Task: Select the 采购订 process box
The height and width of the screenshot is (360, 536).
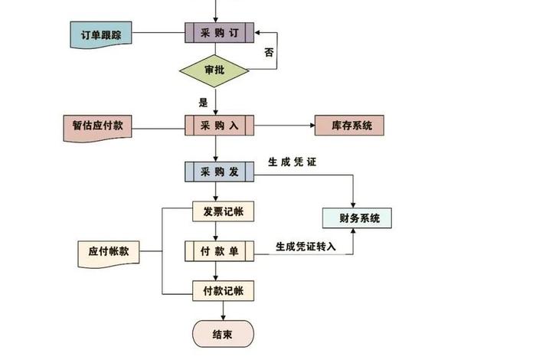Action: pos(219,34)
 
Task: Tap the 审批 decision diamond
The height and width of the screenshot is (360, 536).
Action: pos(214,70)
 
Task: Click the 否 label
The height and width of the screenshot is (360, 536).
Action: pos(269,53)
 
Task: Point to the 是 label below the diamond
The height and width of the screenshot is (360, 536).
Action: pos(203,101)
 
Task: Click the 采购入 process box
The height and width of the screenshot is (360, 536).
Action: pos(219,126)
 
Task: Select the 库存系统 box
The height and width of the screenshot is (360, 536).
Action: pos(348,126)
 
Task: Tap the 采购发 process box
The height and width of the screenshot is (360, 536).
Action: pos(219,172)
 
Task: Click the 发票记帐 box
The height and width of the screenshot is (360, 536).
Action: pos(223,211)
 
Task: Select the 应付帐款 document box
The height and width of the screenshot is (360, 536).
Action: pos(109,251)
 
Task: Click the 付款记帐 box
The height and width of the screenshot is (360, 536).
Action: pos(223,290)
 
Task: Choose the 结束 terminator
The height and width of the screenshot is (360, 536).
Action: pos(223,332)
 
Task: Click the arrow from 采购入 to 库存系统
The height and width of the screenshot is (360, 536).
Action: pos(283,126)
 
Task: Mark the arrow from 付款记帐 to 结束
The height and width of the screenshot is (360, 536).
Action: pos(223,310)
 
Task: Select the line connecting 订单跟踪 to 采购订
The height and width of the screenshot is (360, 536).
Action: pos(159,34)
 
